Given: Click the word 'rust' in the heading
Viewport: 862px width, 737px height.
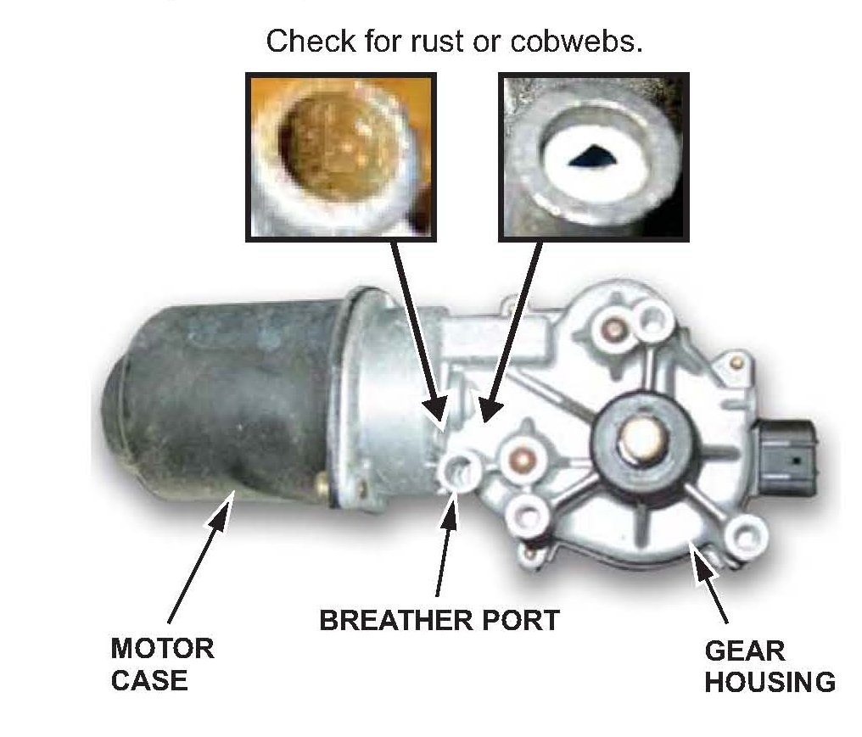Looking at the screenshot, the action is (x=442, y=42).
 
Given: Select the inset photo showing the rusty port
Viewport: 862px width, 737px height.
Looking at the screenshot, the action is (x=340, y=157).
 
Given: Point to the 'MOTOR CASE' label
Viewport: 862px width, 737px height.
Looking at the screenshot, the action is (x=162, y=664).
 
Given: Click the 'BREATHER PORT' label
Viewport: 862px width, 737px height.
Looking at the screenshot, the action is (x=439, y=620).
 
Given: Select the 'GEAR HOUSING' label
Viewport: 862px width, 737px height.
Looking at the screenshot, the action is (x=770, y=667).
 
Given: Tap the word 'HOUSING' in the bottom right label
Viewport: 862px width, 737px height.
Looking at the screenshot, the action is (x=770, y=681).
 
